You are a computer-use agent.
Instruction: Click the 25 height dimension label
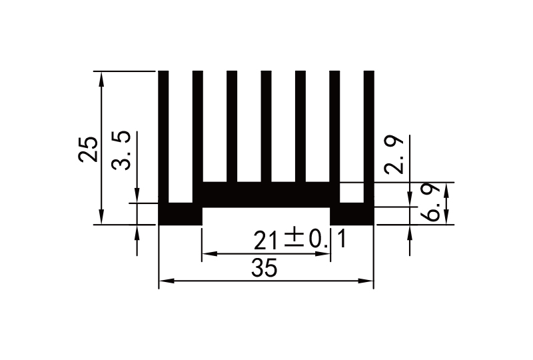88,149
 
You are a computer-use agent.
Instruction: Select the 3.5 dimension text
122,151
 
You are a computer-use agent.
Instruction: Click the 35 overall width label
265,269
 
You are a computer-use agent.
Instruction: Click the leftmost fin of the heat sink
163,133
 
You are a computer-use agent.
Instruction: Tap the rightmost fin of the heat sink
368,133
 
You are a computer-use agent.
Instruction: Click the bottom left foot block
180,215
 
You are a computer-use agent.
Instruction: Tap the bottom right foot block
352,215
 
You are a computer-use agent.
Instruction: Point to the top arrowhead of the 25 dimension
101,77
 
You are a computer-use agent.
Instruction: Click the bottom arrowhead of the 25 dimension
101,218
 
